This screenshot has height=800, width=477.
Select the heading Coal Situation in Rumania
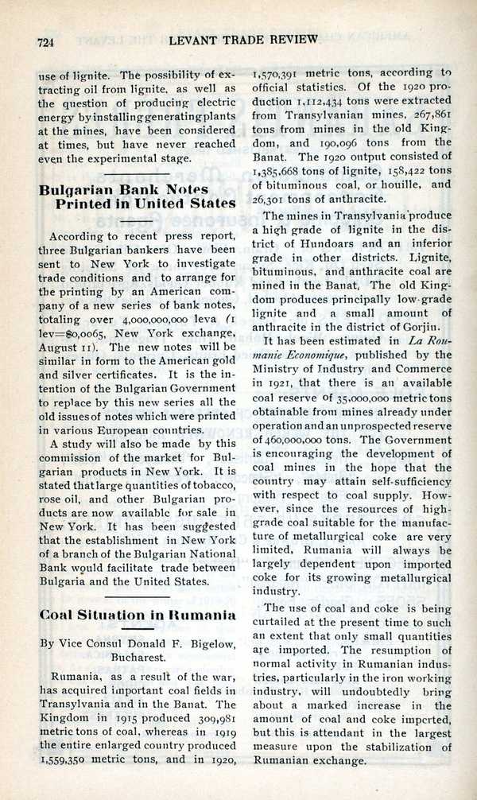[138, 615]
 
